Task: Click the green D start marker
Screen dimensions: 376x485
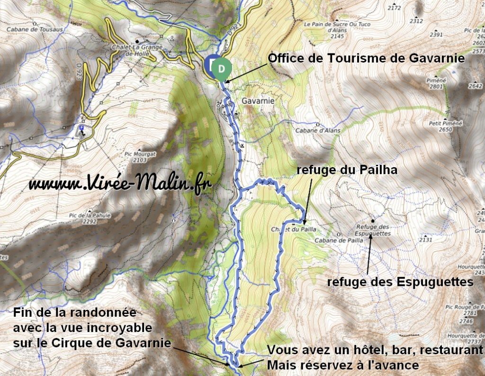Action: tap(221, 67)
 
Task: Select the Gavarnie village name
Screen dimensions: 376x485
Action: tap(258, 101)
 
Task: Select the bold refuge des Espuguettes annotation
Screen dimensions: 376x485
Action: tap(400, 282)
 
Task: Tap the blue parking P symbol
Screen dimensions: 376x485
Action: tap(83, 128)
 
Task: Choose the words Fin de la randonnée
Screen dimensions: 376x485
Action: tap(75, 313)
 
